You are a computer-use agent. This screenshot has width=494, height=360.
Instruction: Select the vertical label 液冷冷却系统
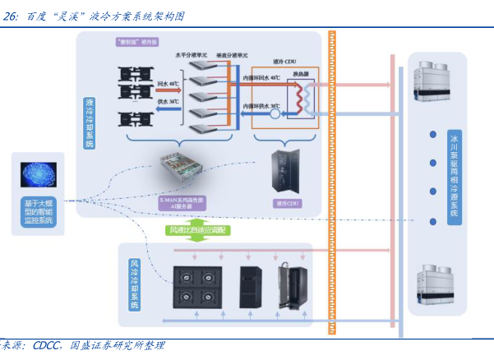click(90, 122)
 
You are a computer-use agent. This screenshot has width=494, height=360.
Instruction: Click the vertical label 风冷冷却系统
click(134, 284)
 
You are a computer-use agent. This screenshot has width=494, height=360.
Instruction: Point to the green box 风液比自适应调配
click(201, 229)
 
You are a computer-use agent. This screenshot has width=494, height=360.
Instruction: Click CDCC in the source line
click(48, 346)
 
